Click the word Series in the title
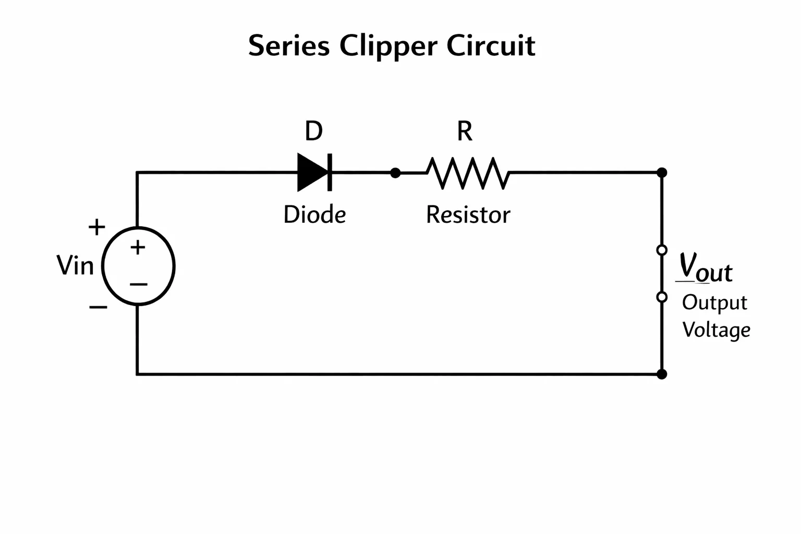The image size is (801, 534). click(x=289, y=45)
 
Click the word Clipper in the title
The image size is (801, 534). click(x=389, y=46)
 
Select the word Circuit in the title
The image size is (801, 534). click(x=491, y=45)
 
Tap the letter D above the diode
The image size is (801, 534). click(x=313, y=131)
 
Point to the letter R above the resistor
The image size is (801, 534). click(x=465, y=131)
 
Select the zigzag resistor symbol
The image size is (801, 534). click(x=468, y=173)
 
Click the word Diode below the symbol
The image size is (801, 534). click(x=314, y=214)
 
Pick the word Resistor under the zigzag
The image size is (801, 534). click(x=468, y=215)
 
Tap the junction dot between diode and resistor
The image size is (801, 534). click(x=395, y=173)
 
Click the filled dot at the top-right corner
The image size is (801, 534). click(x=662, y=173)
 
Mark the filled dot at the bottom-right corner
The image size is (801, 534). click(x=662, y=374)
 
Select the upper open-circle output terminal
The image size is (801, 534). click(x=662, y=250)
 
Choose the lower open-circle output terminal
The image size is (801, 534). click(x=662, y=297)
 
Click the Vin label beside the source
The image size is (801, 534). click(x=75, y=265)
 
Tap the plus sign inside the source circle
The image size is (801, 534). click(x=138, y=247)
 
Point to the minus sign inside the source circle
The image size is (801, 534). click(x=138, y=284)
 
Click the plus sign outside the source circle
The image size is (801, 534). click(x=97, y=227)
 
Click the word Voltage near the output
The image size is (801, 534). click(x=716, y=330)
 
